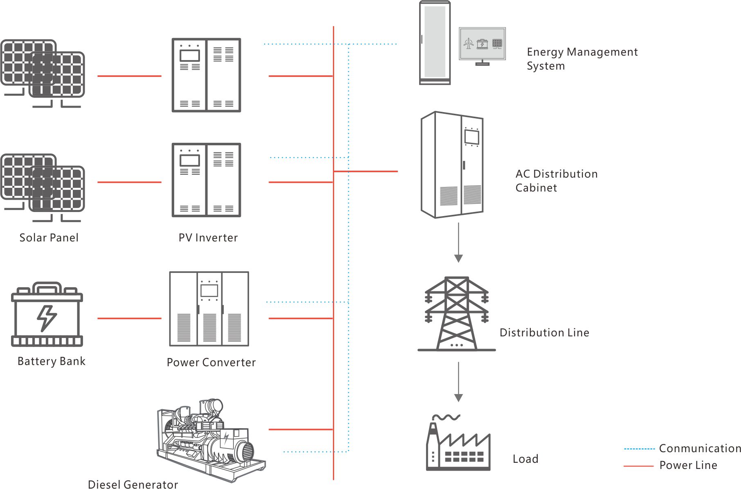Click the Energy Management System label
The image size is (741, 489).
[x=582, y=59]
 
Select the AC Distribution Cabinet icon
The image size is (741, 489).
[x=452, y=165]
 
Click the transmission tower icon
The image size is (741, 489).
[x=456, y=314]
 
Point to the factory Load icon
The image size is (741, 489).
[x=458, y=444]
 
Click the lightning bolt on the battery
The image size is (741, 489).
[x=47, y=318]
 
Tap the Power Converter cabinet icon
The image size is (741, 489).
[x=209, y=309]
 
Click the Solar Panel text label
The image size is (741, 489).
[x=49, y=238]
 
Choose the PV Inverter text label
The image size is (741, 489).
[x=208, y=238]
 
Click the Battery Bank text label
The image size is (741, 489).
[x=51, y=361]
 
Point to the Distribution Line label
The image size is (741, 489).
[x=544, y=333]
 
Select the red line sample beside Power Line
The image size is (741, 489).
[x=638, y=466]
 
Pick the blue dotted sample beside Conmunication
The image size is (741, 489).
[x=639, y=449]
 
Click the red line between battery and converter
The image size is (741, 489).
[x=129, y=318]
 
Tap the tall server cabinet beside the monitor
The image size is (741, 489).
[x=435, y=43]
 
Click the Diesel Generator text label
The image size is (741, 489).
[x=133, y=484]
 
